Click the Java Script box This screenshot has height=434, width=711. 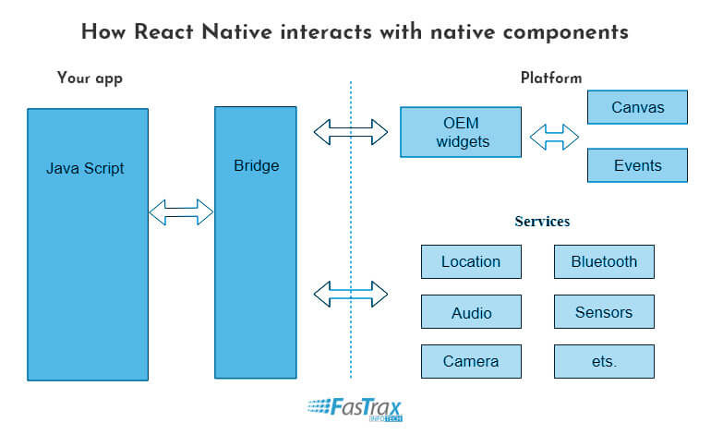pyautogui.click(x=88, y=245)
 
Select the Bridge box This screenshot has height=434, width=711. pyautogui.click(x=255, y=243)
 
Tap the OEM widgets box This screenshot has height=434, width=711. pyautogui.click(x=461, y=132)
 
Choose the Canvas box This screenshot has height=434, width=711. pyautogui.click(x=637, y=107)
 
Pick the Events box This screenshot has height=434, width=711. pyautogui.click(x=637, y=165)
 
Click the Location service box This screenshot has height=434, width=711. pyautogui.click(x=471, y=261)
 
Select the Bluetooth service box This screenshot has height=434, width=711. pyautogui.click(x=604, y=261)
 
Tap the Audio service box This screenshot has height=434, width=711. pyautogui.click(x=471, y=311)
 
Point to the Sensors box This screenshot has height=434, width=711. pyautogui.click(x=604, y=311)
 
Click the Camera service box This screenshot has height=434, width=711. pyautogui.click(x=471, y=361)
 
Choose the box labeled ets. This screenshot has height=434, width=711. pyautogui.click(x=604, y=361)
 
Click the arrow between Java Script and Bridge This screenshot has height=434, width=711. pyautogui.click(x=181, y=211)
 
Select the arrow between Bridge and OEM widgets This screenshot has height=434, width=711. pyautogui.click(x=351, y=132)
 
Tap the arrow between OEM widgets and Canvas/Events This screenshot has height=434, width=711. pyautogui.click(x=554, y=137)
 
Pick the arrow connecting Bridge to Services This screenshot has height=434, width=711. pyautogui.click(x=351, y=294)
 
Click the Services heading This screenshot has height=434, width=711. pyautogui.click(x=542, y=222)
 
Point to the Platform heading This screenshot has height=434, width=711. pyautogui.click(x=551, y=78)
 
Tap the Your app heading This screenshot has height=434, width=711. pyautogui.click(x=90, y=78)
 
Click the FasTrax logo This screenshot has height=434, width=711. pyautogui.click(x=355, y=409)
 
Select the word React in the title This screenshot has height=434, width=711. pyautogui.click(x=163, y=32)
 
